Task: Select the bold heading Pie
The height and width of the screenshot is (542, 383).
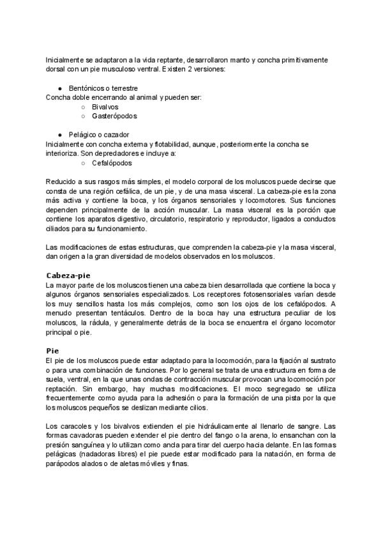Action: [x=52, y=350]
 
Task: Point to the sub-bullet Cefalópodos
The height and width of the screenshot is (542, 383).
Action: [x=112, y=164]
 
